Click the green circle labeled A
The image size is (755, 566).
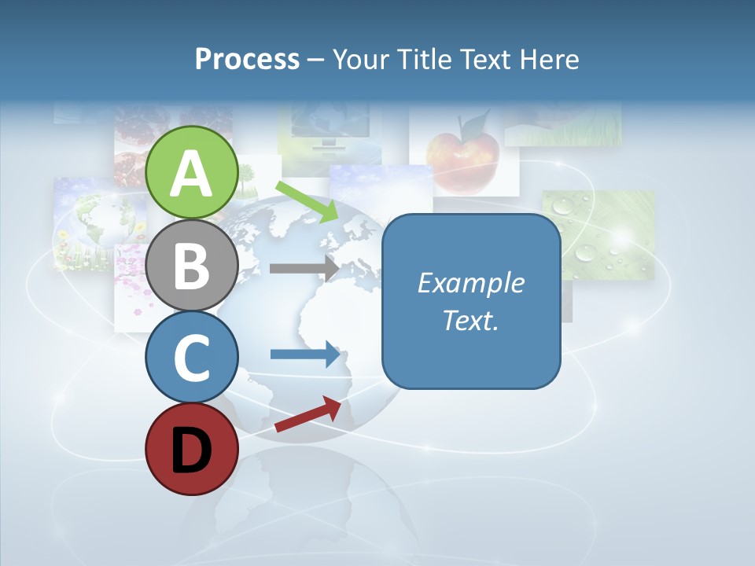tap(192, 172)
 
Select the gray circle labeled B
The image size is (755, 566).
tap(192, 265)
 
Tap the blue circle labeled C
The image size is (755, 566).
tap(192, 357)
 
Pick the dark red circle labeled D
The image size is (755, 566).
tap(192, 449)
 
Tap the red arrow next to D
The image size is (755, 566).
tap(308, 413)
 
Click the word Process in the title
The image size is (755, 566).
tap(247, 59)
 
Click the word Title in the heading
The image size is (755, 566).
tap(431, 59)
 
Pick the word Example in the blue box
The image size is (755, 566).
tap(470, 283)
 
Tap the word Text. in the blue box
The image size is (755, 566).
tap(470, 320)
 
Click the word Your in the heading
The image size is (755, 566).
tap(360, 59)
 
